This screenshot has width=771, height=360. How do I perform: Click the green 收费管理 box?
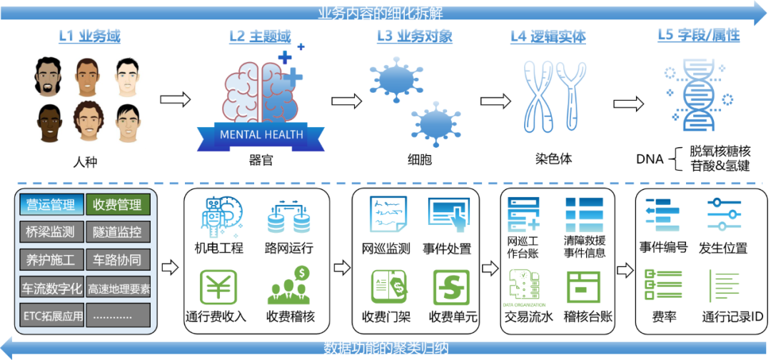[x=118, y=206]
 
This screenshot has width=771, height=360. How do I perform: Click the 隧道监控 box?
[x=118, y=232]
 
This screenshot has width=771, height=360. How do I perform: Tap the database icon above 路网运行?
[x=288, y=217]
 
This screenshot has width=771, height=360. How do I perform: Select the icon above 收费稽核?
[x=289, y=286]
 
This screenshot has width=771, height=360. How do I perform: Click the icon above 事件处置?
[x=448, y=215]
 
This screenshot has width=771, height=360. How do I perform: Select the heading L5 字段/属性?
[x=698, y=35]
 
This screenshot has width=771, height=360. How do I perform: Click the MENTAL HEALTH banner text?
[x=261, y=134]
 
